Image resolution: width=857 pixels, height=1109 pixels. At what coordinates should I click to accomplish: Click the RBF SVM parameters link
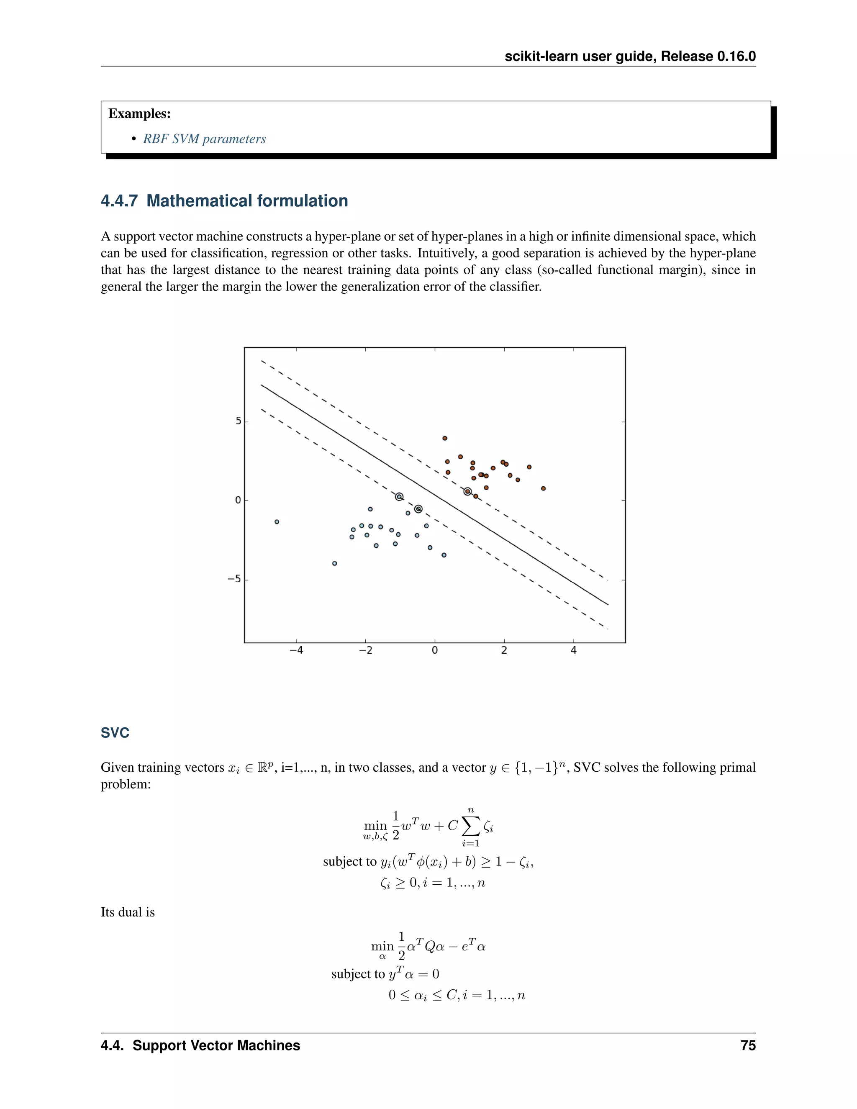204,139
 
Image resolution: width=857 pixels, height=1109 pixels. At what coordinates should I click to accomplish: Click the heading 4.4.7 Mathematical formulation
224,201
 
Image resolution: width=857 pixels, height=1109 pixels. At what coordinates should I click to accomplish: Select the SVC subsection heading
115,733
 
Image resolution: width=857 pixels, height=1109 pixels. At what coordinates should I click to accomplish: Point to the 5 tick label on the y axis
238,421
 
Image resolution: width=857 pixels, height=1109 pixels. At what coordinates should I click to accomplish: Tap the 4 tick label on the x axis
573,650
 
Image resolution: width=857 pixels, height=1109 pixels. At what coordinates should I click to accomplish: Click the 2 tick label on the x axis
504,650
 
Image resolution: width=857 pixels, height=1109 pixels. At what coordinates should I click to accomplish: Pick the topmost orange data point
445,438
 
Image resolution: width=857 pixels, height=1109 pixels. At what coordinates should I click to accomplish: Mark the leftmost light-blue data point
277,521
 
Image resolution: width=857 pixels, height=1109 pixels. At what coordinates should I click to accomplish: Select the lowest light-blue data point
335,563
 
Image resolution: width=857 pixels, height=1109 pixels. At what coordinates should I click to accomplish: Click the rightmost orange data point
543,488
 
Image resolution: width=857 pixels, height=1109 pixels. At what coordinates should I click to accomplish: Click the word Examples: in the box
140,114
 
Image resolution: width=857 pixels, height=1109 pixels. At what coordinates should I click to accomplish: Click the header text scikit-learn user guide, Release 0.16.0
630,56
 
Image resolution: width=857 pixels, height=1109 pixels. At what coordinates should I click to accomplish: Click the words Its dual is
128,912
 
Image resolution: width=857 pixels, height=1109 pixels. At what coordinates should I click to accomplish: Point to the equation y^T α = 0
413,974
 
